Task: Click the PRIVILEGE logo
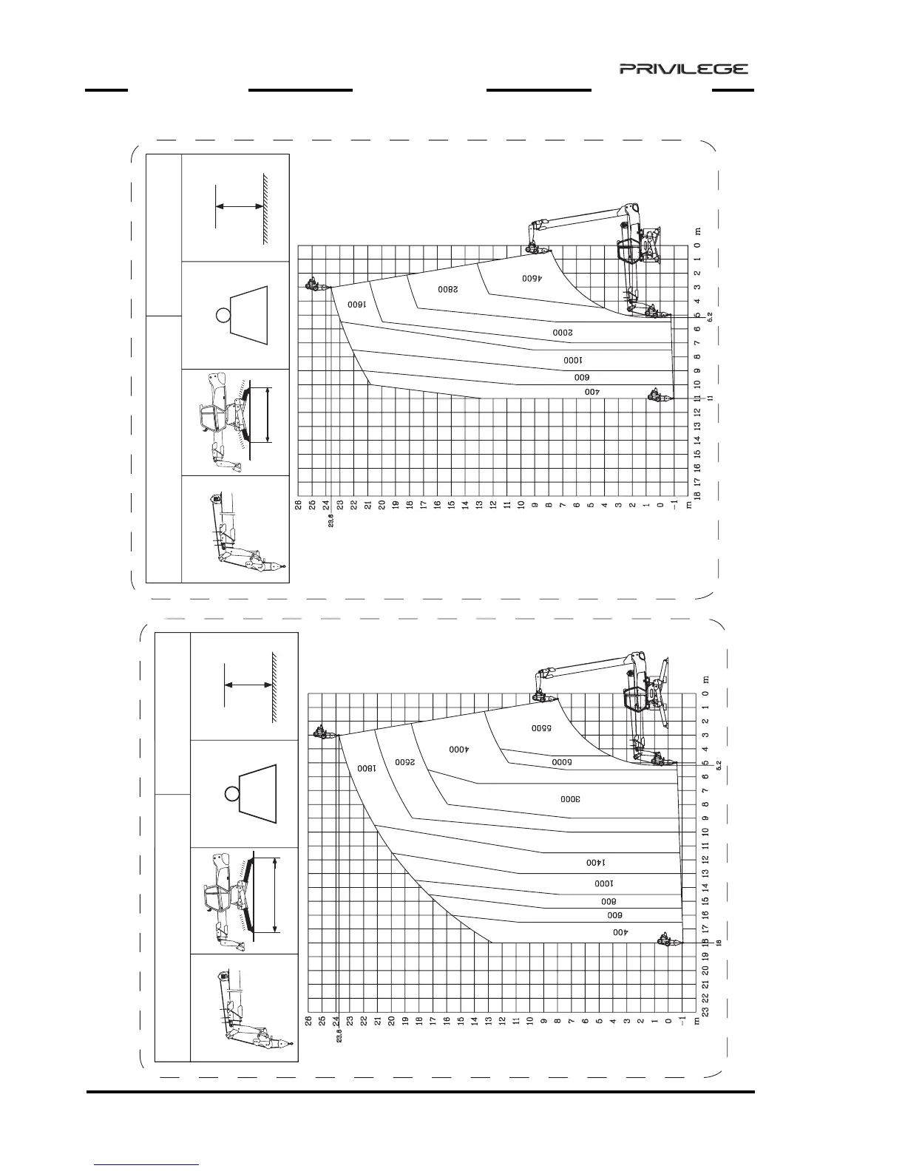tap(683, 69)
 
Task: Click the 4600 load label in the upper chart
tap(532, 279)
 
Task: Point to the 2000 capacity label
tap(563, 333)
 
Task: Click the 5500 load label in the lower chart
tap(541, 728)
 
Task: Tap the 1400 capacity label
tap(595, 863)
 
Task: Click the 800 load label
tap(608, 901)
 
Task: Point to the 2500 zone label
tap(405, 762)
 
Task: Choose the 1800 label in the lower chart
tap(366, 768)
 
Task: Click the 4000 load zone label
tap(459, 750)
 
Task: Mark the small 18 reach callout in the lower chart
tap(718, 943)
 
